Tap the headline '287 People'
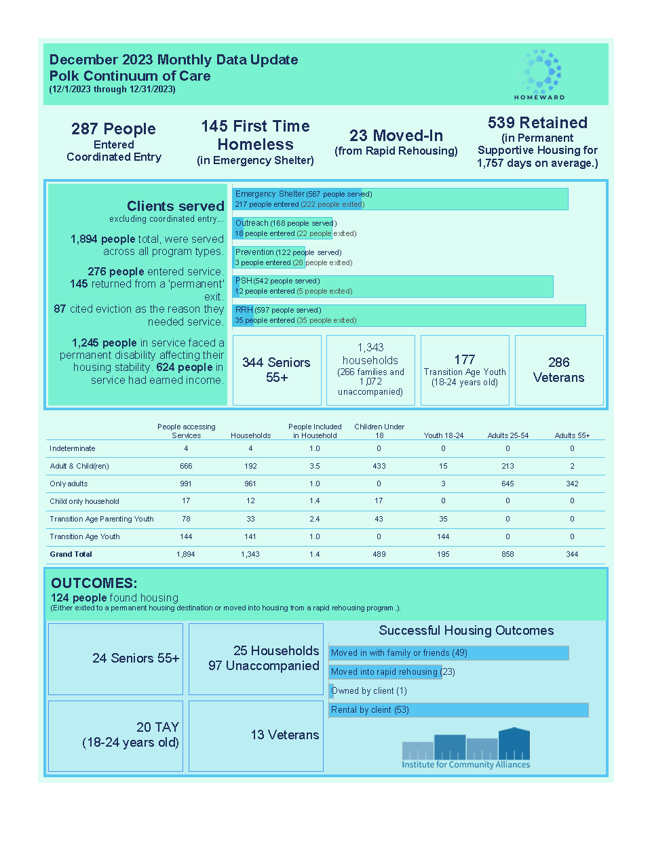pyautogui.click(x=113, y=129)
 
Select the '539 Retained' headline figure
pyautogui.click(x=537, y=123)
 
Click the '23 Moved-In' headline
pyautogui.click(x=396, y=136)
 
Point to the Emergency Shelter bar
pyautogui.click(x=400, y=199)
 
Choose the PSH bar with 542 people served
pyautogui.click(x=393, y=286)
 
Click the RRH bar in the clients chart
pyautogui.click(x=409, y=315)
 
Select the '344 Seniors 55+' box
pyautogui.click(x=277, y=370)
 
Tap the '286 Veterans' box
pyautogui.click(x=559, y=370)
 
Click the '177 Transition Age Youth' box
pyautogui.click(x=465, y=370)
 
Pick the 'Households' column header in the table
pyautogui.click(x=250, y=435)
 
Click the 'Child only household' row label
pyautogui.click(x=84, y=501)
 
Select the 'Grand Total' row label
pyautogui.click(x=71, y=554)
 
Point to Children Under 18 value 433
pyautogui.click(x=379, y=466)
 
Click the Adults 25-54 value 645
pyautogui.click(x=507, y=484)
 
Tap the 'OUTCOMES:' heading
pyautogui.click(x=94, y=583)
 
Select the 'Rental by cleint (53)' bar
pyautogui.click(x=459, y=710)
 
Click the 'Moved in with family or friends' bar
pyautogui.click(x=448, y=653)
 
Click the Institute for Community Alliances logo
pyautogui.click(x=465, y=749)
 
